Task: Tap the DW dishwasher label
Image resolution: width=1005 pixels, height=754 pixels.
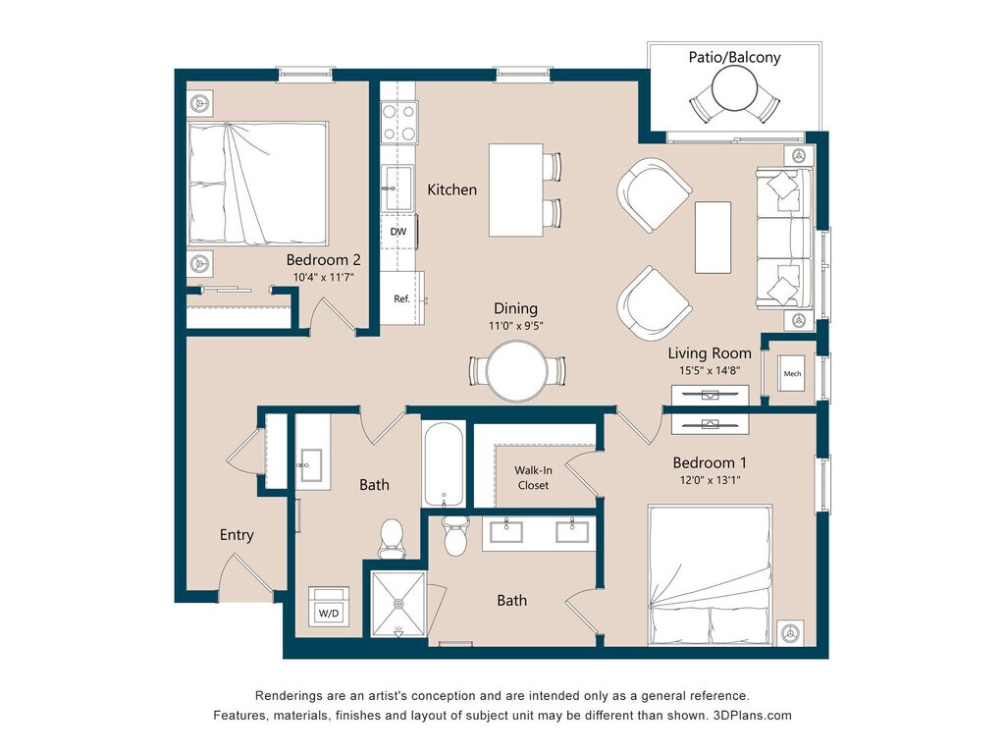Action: tap(398, 232)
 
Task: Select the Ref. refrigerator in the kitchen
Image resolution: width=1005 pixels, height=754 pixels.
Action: tap(401, 298)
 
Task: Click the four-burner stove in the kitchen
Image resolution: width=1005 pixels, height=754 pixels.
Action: tap(398, 123)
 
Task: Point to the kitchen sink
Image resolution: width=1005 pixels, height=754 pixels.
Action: tap(397, 188)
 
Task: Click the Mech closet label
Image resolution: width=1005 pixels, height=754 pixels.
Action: tap(792, 374)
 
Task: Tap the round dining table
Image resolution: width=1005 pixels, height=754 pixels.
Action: tap(516, 371)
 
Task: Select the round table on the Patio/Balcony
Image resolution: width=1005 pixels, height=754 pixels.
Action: tap(735, 89)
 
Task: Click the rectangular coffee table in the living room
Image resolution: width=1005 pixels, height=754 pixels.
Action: tap(713, 238)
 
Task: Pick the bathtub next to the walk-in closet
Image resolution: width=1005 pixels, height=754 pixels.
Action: tap(444, 464)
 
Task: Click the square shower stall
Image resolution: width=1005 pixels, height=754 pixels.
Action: tap(398, 604)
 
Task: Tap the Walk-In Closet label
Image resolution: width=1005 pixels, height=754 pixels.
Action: tap(533, 478)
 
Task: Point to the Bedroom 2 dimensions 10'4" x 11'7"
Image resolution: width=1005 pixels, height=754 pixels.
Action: tap(324, 277)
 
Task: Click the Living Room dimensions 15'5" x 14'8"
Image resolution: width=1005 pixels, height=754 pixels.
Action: tap(710, 370)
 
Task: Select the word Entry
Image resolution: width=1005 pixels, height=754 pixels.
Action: tap(237, 535)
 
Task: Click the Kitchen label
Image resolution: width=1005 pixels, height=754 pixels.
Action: tap(451, 189)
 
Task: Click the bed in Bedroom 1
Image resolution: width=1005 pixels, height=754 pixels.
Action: tap(711, 575)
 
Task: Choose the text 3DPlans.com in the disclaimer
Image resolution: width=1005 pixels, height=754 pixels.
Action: tap(753, 716)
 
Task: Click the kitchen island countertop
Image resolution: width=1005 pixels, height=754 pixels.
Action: tap(516, 190)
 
